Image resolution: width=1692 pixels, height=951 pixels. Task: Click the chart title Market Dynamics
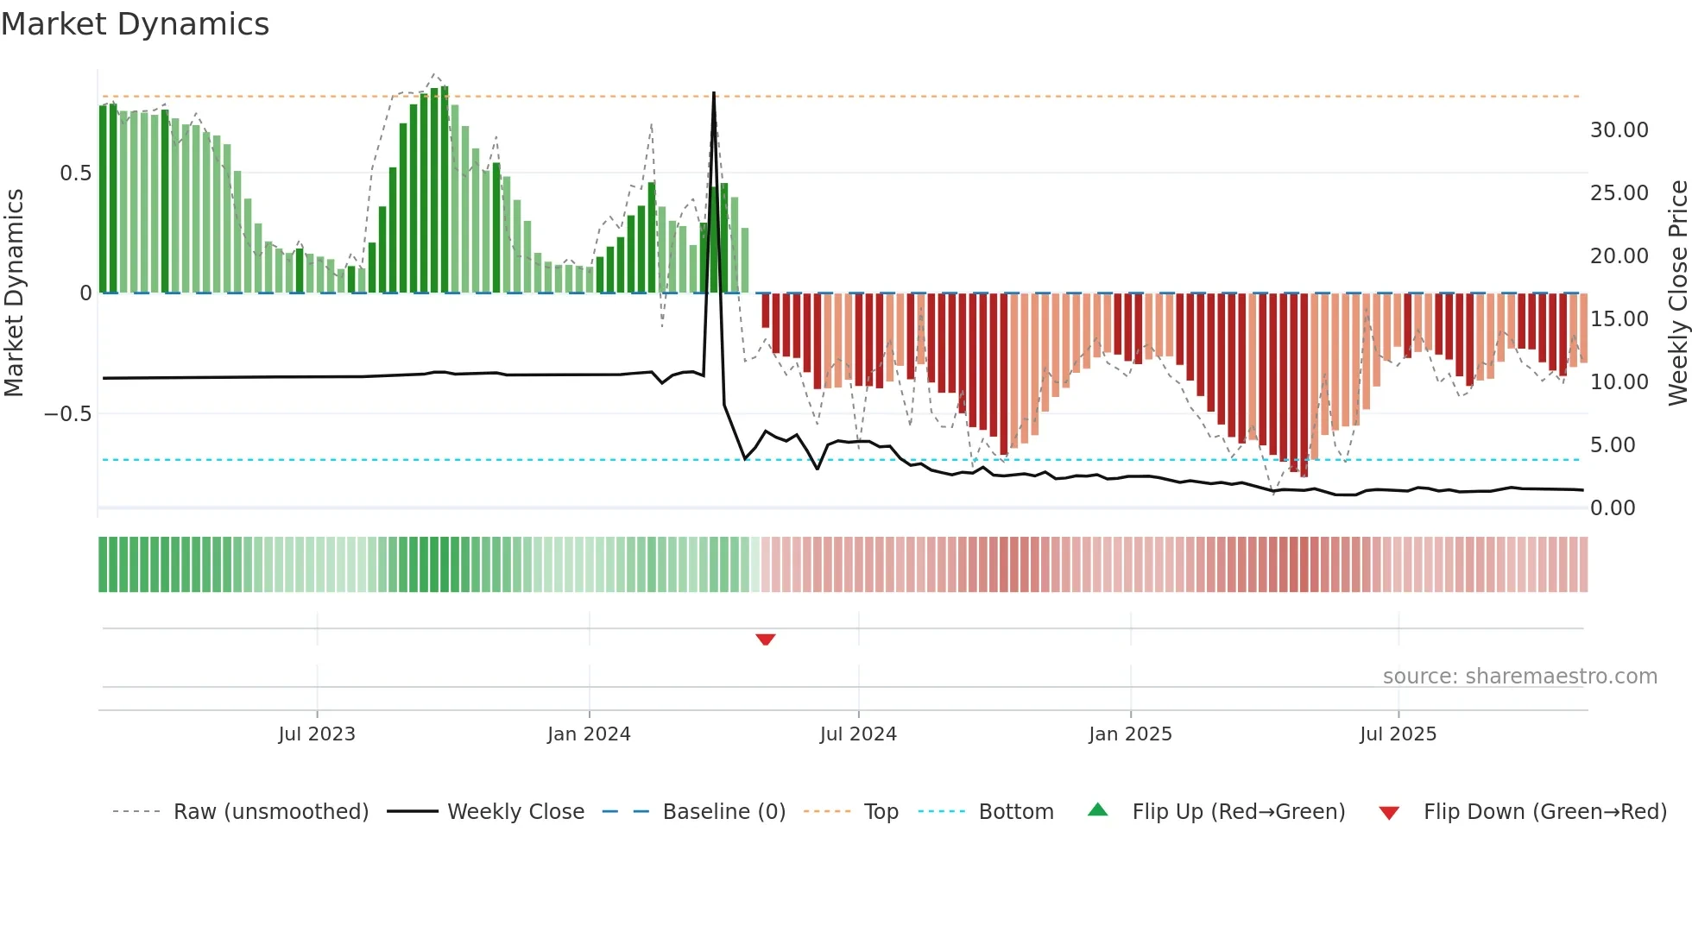click(136, 24)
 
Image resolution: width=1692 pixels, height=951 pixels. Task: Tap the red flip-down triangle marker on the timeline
click(766, 639)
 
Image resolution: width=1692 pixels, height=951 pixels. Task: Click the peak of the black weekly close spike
click(714, 93)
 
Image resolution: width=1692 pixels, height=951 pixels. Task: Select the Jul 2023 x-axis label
click(317, 734)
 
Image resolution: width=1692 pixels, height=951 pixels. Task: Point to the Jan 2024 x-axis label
click(589, 734)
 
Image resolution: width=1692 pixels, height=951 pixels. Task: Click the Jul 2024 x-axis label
click(858, 734)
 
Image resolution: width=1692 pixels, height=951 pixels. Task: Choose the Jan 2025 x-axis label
click(1130, 734)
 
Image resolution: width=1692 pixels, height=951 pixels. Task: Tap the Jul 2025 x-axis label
click(1398, 734)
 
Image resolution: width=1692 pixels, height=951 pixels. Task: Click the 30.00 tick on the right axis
click(1619, 130)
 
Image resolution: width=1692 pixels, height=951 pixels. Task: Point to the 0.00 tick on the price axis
click(1613, 508)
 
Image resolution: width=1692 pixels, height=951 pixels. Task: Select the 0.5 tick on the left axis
click(75, 173)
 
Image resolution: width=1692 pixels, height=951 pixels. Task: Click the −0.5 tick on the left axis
click(68, 414)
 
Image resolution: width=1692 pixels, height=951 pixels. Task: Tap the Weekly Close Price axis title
click(1677, 293)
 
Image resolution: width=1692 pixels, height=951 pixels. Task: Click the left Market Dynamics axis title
click(14, 293)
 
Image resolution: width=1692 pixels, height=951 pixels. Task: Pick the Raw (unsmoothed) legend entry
click(270, 812)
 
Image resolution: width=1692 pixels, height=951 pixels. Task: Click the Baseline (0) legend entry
click(723, 812)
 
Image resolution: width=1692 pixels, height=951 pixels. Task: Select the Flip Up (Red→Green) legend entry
click(1238, 812)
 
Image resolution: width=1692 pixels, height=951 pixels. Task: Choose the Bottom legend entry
click(1015, 812)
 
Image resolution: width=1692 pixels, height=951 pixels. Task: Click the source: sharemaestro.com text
click(1519, 677)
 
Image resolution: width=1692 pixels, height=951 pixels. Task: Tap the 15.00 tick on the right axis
click(1619, 319)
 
